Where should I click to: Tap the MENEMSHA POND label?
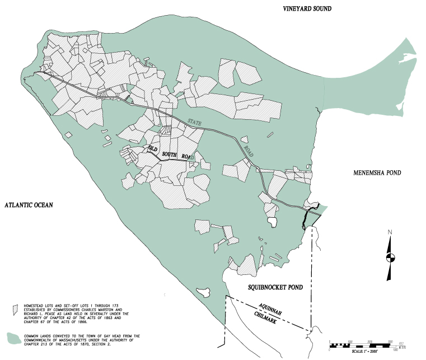pos(377,173)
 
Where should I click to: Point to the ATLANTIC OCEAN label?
pos(29,205)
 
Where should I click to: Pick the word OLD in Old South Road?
pos(152,148)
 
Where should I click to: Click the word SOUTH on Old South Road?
pos(169,154)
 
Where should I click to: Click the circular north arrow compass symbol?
pos(390,258)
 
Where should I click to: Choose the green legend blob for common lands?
pos(13,338)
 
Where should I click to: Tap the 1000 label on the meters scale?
pos(395,350)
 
